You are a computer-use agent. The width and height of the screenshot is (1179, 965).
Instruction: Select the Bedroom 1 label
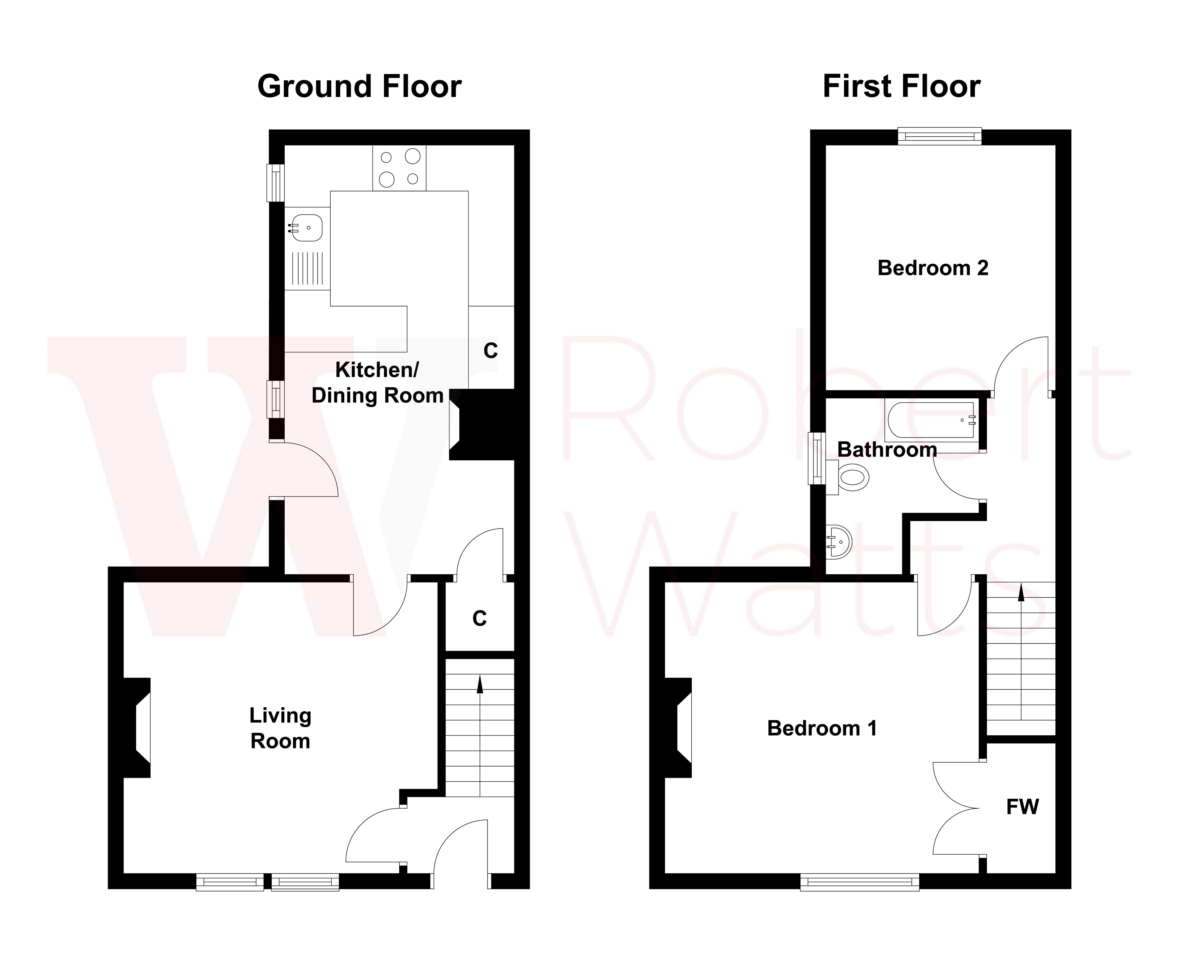point(822,728)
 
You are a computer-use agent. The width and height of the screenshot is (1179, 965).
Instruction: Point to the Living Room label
point(280,728)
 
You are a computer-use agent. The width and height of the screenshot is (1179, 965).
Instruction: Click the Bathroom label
point(887,449)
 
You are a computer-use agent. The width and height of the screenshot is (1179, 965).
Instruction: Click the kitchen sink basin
point(307,228)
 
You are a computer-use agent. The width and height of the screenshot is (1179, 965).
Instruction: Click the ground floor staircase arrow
point(479,685)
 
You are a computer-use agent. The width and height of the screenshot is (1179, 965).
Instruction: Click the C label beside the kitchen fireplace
point(490,350)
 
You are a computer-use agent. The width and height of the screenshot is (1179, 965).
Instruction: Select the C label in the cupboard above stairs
point(479,618)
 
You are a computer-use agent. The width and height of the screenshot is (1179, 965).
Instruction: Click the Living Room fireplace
point(137,727)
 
